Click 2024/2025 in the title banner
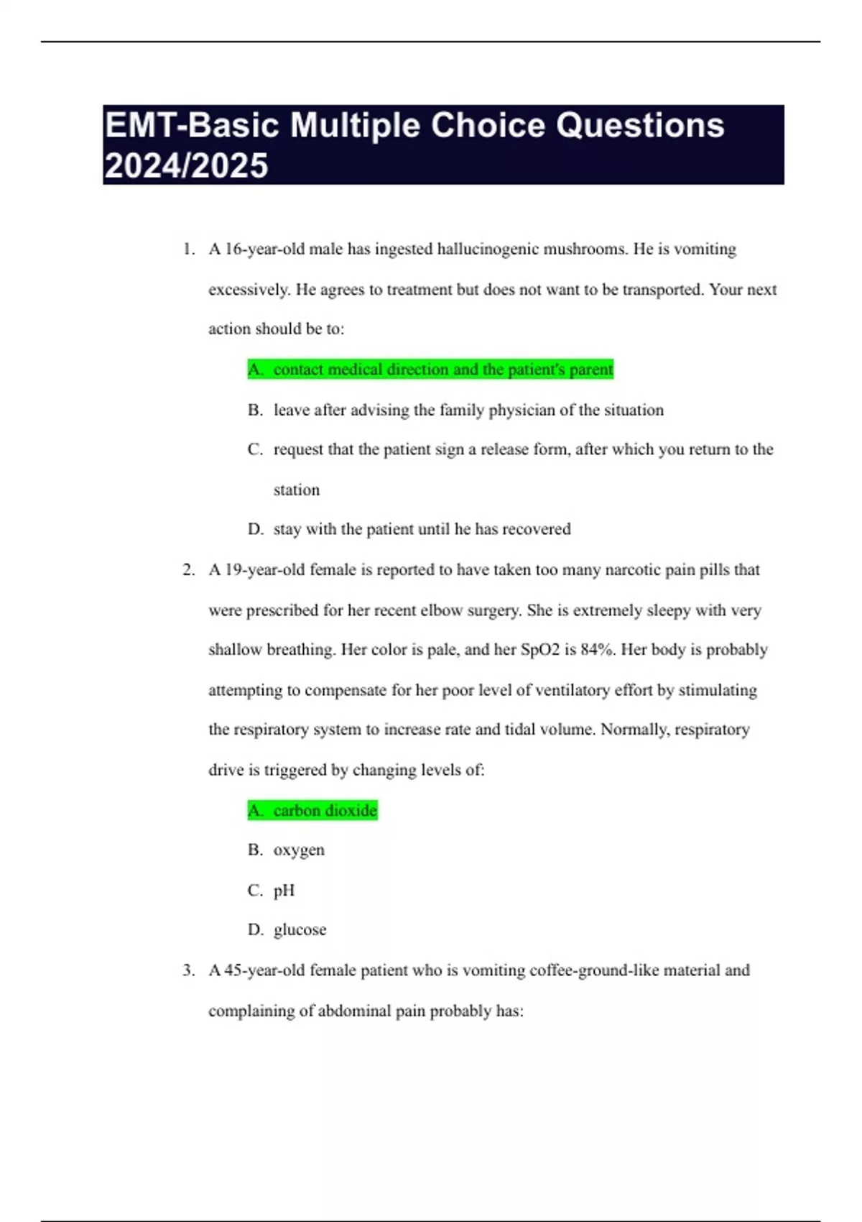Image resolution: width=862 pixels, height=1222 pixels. [x=186, y=166]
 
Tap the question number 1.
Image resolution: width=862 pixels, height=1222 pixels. [x=188, y=249]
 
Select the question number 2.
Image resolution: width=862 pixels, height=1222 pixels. [x=188, y=570]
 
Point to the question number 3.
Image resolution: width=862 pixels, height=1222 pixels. [x=188, y=970]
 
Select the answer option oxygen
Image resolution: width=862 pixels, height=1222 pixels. [x=299, y=850]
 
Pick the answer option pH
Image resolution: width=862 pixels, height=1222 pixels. [x=284, y=891]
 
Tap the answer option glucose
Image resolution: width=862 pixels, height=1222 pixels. [x=300, y=930]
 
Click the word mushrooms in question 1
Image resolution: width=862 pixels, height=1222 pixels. [x=585, y=249]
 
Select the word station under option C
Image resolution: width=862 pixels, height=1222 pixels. [x=296, y=490]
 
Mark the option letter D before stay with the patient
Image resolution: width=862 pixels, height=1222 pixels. [x=255, y=530]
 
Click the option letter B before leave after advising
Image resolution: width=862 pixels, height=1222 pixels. [x=255, y=410]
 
